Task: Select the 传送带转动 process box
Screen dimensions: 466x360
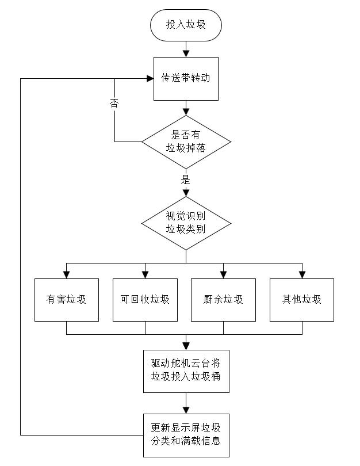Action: [x=185, y=79]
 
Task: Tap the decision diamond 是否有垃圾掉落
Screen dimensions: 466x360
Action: [x=185, y=142]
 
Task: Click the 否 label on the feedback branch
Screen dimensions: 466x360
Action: [x=114, y=104]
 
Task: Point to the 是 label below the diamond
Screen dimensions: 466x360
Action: [x=185, y=178]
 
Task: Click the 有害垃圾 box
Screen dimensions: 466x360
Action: [x=66, y=299]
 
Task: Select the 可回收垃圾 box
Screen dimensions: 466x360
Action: [x=144, y=299]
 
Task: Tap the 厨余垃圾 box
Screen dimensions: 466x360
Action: [x=223, y=299]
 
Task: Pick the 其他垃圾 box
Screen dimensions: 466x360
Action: [x=301, y=299]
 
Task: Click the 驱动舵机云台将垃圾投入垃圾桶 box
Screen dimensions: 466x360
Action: [x=185, y=370]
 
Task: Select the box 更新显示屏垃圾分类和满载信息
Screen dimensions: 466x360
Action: [x=185, y=435]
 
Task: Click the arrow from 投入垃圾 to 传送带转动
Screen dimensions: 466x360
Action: [x=185, y=49]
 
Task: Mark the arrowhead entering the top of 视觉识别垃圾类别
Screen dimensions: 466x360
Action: [x=185, y=194]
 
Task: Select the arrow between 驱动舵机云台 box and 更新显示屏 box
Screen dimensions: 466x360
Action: [x=185, y=403]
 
